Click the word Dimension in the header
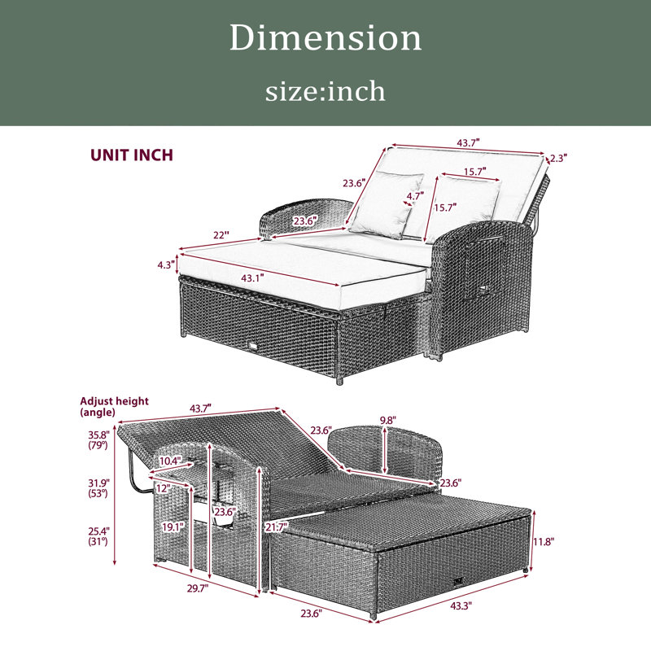click(x=325, y=37)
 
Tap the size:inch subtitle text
click(x=325, y=91)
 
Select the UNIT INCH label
click(x=132, y=155)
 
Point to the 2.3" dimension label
click(x=558, y=158)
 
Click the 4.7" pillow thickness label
click(x=415, y=195)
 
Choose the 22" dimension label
click(x=221, y=235)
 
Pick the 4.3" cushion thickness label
click(x=166, y=264)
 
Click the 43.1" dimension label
click(x=252, y=277)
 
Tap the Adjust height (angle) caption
click(x=114, y=406)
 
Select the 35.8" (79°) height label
click(x=98, y=440)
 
